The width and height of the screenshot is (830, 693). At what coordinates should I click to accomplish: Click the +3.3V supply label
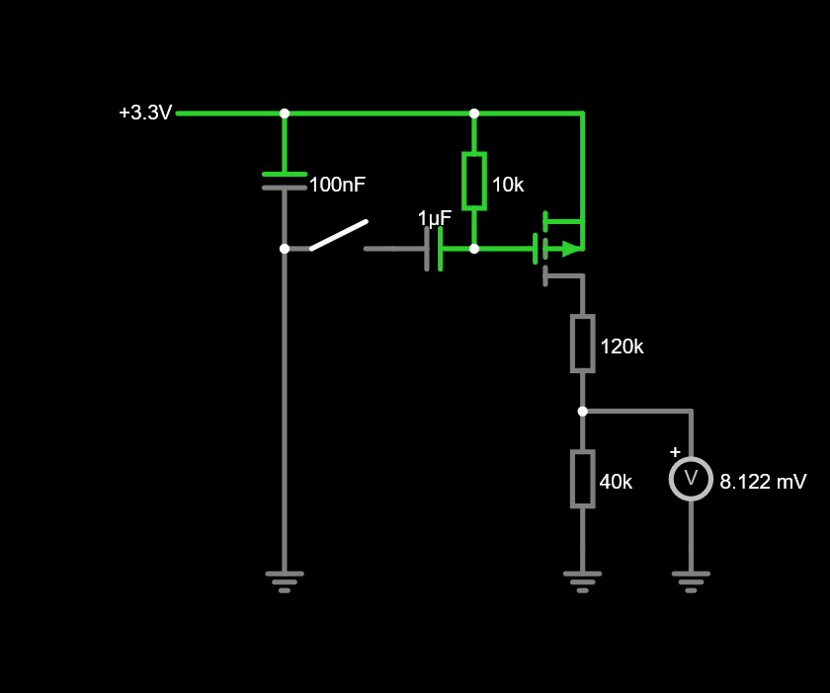pos(145,114)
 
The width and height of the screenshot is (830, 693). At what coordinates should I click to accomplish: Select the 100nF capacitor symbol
pos(285,181)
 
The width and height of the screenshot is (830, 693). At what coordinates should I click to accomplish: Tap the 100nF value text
pos(337,185)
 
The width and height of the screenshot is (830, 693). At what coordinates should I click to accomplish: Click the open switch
pos(339,235)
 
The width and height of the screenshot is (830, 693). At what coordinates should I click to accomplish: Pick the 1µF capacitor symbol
pos(434,249)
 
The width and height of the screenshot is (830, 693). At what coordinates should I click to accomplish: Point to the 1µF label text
pos(435,218)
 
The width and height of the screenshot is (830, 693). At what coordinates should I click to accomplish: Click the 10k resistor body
pos(474,181)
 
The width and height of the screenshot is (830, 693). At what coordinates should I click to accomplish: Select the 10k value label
pos(508,185)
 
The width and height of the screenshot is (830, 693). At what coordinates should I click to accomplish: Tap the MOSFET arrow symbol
pos(571,249)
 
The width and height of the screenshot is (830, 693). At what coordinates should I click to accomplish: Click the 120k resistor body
pos(582,344)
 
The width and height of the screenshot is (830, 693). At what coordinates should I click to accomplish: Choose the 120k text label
pos(622,346)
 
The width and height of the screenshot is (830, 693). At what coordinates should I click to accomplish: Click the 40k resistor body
pos(582,479)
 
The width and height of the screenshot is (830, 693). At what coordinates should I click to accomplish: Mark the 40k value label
pos(616,482)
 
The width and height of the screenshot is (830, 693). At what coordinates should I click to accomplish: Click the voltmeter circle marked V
pos(691,479)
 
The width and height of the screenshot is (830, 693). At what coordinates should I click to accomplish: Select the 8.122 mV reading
pos(763,482)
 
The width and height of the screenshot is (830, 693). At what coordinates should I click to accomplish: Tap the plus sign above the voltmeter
pos(675,452)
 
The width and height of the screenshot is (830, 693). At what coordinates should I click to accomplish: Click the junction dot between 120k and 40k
pos(582,411)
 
